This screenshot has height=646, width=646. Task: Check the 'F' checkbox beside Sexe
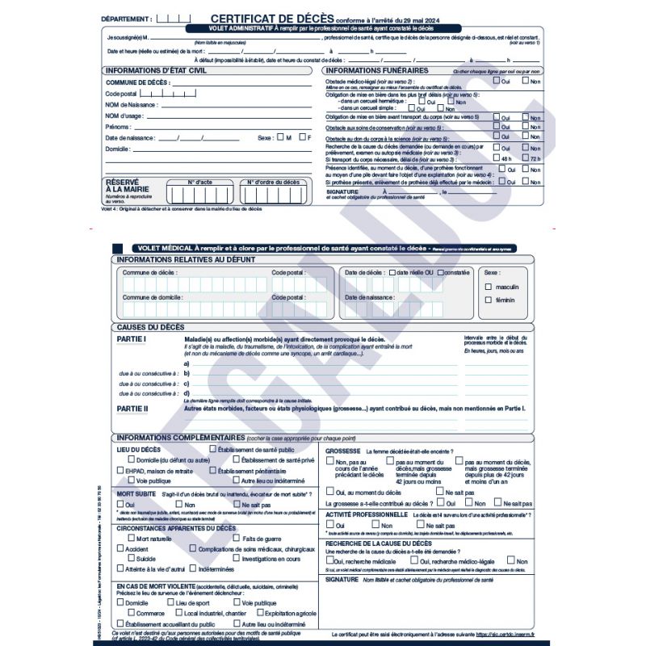(303, 137)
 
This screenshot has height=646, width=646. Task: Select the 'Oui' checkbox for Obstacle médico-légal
(497, 82)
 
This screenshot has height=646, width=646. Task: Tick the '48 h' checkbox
(497, 159)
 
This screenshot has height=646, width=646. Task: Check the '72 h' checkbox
(526, 159)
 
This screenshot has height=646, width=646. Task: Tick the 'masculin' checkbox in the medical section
(488, 287)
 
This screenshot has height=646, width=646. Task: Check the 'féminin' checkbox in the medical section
(488, 300)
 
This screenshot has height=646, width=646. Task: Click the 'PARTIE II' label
(132, 409)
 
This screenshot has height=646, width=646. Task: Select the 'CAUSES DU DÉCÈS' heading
(151, 327)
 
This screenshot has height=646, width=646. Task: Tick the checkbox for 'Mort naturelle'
(131, 538)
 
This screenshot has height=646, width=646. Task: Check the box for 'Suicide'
(131, 558)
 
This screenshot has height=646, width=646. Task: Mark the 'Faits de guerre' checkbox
(237, 538)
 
